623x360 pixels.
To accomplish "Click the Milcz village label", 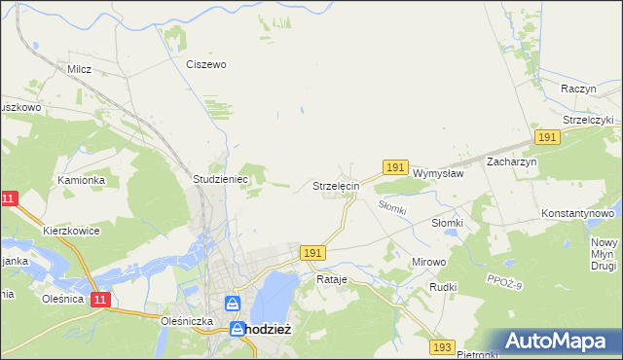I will pos(79,69).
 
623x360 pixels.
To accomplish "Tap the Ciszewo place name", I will pos(206,64).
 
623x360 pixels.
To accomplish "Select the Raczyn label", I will pos(578,89).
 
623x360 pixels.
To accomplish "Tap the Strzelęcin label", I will pos(337,185).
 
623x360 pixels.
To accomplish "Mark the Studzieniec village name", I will pos(222,180).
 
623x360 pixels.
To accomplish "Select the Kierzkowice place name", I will pos(71,231).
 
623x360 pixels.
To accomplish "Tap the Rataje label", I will pos(332,279).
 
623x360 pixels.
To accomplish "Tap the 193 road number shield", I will pos(443,346).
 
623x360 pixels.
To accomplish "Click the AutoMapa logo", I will pos(559,341).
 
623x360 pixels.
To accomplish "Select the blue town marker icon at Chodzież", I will pos(235,304).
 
